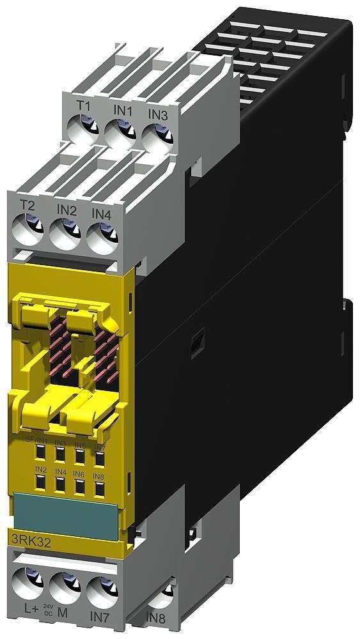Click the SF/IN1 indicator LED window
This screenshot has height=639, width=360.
[x=40, y=453]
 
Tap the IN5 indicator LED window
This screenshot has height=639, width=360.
[x=79, y=456]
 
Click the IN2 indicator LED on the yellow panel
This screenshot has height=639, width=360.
[x=40, y=481]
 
